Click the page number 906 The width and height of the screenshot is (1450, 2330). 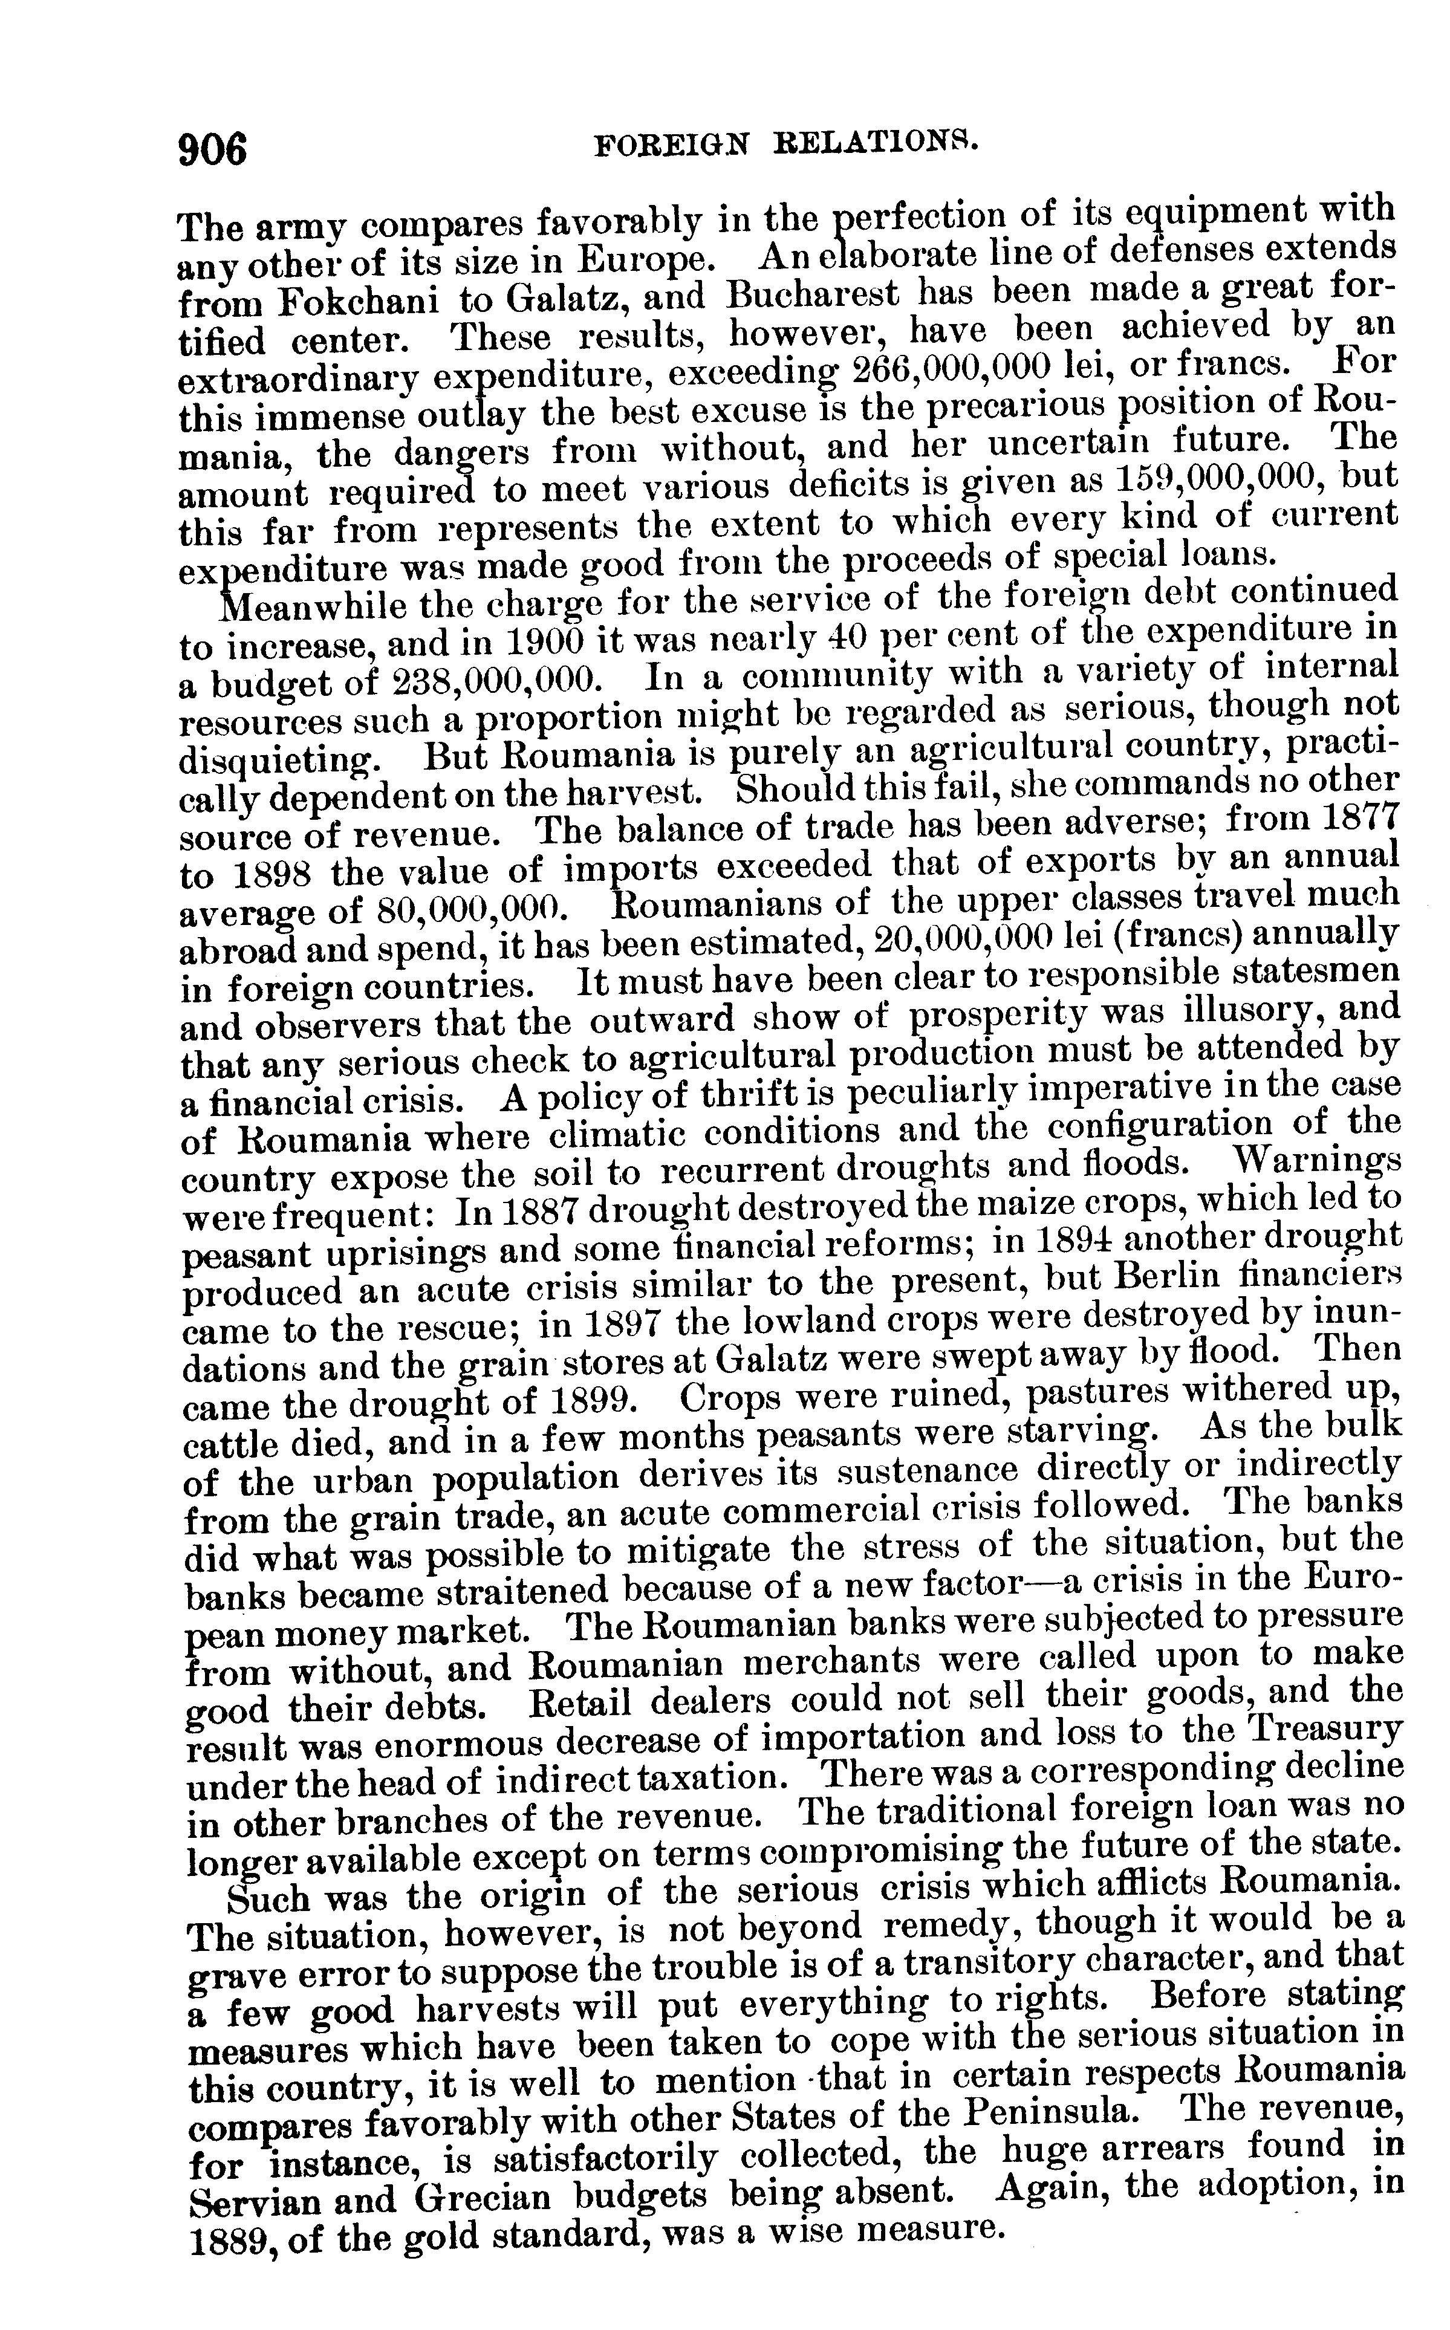(213, 149)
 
